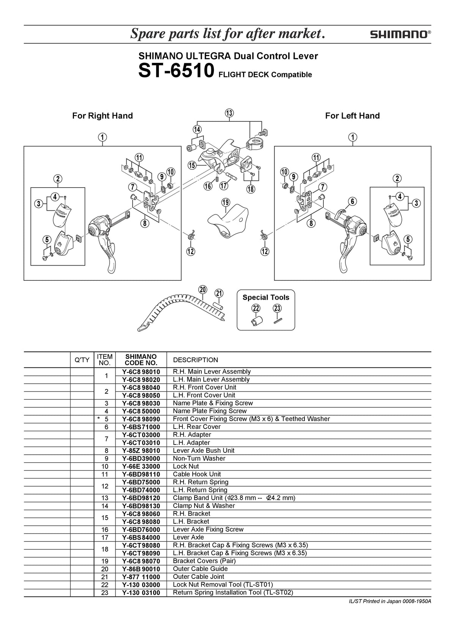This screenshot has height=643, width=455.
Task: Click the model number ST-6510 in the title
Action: (x=176, y=70)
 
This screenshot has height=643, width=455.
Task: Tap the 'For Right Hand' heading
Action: (x=102, y=116)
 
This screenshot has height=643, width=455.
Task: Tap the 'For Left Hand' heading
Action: (x=353, y=116)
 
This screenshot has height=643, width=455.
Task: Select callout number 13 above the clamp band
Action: (x=229, y=113)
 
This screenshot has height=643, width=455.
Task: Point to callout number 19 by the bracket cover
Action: (x=226, y=202)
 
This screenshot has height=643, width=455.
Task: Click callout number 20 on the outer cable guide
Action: (x=203, y=289)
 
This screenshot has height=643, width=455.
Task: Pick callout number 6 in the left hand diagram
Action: (x=353, y=201)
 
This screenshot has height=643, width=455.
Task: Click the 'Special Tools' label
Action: (x=266, y=297)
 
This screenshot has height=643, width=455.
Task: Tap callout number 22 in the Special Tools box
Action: (x=256, y=308)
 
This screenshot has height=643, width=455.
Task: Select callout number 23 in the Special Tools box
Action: (x=277, y=308)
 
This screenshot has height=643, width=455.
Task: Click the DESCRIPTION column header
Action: (x=195, y=360)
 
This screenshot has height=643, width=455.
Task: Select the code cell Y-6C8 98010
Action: (x=141, y=372)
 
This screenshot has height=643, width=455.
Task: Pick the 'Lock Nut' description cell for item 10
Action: (x=186, y=466)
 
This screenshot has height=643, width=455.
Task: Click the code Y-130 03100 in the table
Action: (x=141, y=593)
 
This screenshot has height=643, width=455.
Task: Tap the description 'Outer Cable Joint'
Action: (x=198, y=577)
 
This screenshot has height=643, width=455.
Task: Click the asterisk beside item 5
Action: (x=99, y=418)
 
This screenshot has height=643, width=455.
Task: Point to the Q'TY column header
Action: (x=82, y=360)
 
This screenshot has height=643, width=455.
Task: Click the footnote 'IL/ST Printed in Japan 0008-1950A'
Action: (x=390, y=601)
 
